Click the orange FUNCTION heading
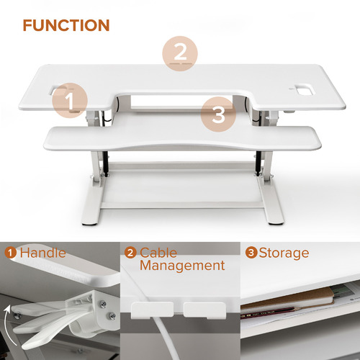(66, 26)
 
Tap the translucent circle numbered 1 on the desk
(70, 101)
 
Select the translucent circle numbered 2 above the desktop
(180, 52)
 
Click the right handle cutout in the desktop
(301, 91)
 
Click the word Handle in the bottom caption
(42, 253)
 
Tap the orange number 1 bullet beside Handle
(11, 253)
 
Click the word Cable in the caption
(158, 253)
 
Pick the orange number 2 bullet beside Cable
(130, 253)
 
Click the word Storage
(284, 253)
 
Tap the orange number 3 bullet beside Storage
(251, 253)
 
